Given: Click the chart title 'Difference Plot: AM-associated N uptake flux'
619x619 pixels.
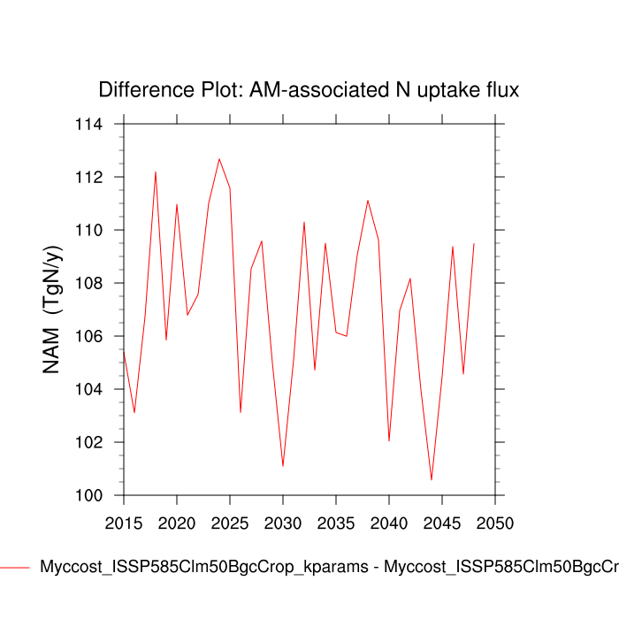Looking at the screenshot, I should coord(309,90).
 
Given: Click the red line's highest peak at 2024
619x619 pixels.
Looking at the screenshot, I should coord(219,159).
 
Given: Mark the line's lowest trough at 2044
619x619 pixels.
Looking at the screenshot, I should coord(432,480).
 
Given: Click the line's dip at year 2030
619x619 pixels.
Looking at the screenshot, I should coord(283,466).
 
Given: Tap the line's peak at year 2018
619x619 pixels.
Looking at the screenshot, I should coord(156,172).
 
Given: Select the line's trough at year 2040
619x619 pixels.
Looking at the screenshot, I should coord(389,440).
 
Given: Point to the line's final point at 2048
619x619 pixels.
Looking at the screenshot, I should coord(474,243).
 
